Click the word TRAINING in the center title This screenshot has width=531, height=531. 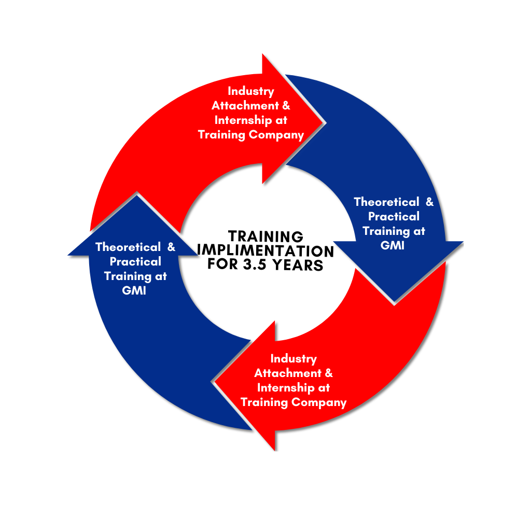point(265,237)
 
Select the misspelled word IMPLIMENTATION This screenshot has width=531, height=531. point(265,251)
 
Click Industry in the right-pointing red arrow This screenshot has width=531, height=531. point(251,91)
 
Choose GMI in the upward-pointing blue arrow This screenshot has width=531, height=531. point(134,291)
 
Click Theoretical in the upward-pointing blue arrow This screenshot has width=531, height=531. point(128,247)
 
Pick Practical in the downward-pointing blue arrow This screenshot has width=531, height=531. point(394,216)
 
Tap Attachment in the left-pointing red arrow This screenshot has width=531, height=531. point(287,373)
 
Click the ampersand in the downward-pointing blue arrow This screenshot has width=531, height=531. point(429,202)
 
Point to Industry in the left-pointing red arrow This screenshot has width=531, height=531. point(294,359)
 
